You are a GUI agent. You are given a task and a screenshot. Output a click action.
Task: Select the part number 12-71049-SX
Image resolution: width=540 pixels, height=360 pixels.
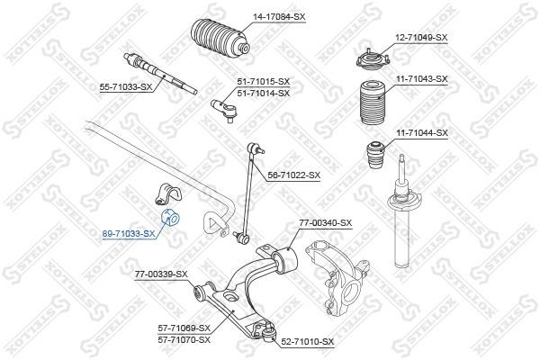coord(419,37)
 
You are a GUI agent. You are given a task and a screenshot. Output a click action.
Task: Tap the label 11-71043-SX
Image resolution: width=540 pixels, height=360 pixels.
coord(419,79)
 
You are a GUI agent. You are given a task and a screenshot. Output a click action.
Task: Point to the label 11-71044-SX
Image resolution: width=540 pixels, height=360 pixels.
coord(419,132)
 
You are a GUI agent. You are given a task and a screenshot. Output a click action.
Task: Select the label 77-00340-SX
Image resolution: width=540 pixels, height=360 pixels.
coord(325,222)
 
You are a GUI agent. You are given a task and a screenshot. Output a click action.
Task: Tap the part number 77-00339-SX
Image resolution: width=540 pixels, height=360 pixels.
coord(161,274)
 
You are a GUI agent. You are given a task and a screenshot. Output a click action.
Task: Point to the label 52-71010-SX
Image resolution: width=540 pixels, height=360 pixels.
coord(306,342)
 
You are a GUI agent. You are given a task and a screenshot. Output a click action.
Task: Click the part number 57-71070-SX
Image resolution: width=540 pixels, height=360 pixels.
coord(184,339)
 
